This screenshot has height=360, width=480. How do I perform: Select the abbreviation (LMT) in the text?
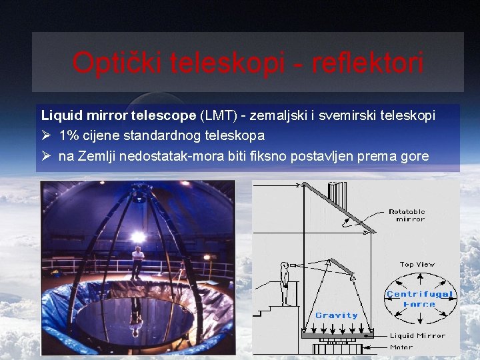[x=218, y=115]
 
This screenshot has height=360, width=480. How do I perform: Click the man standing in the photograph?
[x=137, y=261]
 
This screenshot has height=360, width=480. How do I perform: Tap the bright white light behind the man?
[x=139, y=236]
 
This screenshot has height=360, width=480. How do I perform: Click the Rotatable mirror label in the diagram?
[x=407, y=215]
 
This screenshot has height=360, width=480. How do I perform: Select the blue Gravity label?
[x=337, y=315]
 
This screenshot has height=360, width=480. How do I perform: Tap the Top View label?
[x=417, y=265]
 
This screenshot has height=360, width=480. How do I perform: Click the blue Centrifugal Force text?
[x=419, y=299]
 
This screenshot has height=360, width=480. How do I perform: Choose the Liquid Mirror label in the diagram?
[x=417, y=336]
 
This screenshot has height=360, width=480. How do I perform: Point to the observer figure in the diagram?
[x=285, y=283]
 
